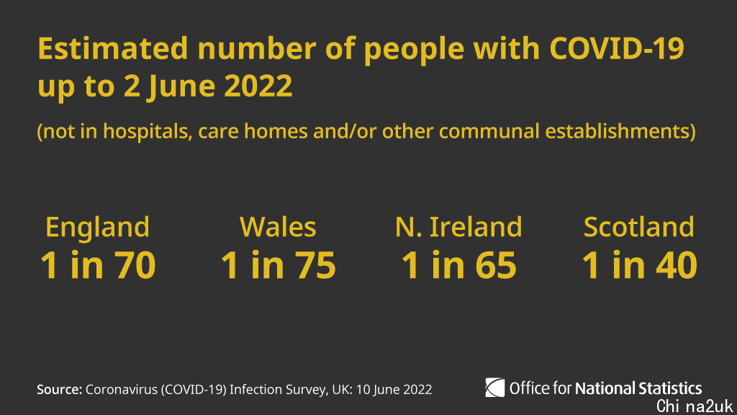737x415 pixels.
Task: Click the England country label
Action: tap(97, 227)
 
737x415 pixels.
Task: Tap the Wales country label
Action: tap(278, 227)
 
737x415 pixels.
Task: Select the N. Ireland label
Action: tap(458, 227)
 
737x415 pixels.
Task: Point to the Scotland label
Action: tap(639, 227)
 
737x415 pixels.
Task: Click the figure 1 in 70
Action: tap(97, 265)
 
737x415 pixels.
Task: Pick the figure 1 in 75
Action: tap(278, 265)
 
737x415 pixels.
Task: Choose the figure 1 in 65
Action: tap(458, 265)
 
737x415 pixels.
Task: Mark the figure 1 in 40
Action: tap(639, 265)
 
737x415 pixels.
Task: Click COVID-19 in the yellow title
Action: tap(616, 49)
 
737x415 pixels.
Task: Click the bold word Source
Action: tap(59, 390)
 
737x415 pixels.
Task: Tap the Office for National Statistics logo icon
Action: tap(495, 388)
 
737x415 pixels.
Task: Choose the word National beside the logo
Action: tap(604, 388)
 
